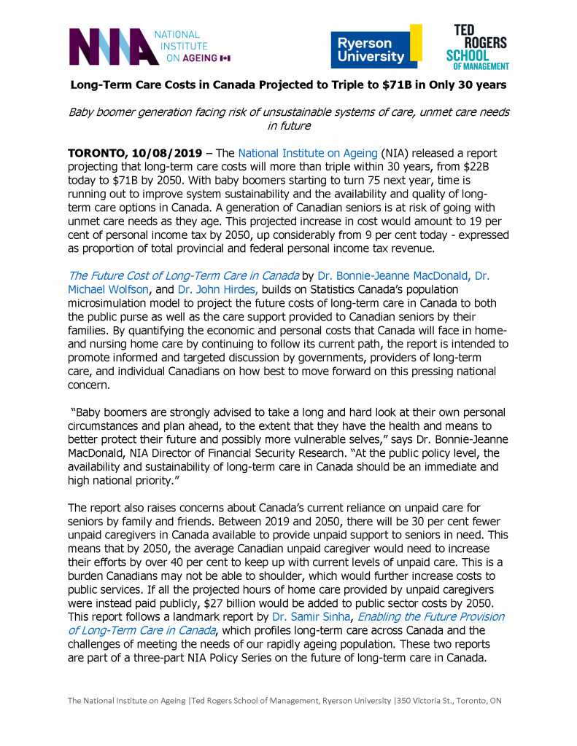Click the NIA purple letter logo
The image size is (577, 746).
tap(110, 47)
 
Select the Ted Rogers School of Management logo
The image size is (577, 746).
tap(477, 47)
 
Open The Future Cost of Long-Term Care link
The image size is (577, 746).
tap(183, 275)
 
